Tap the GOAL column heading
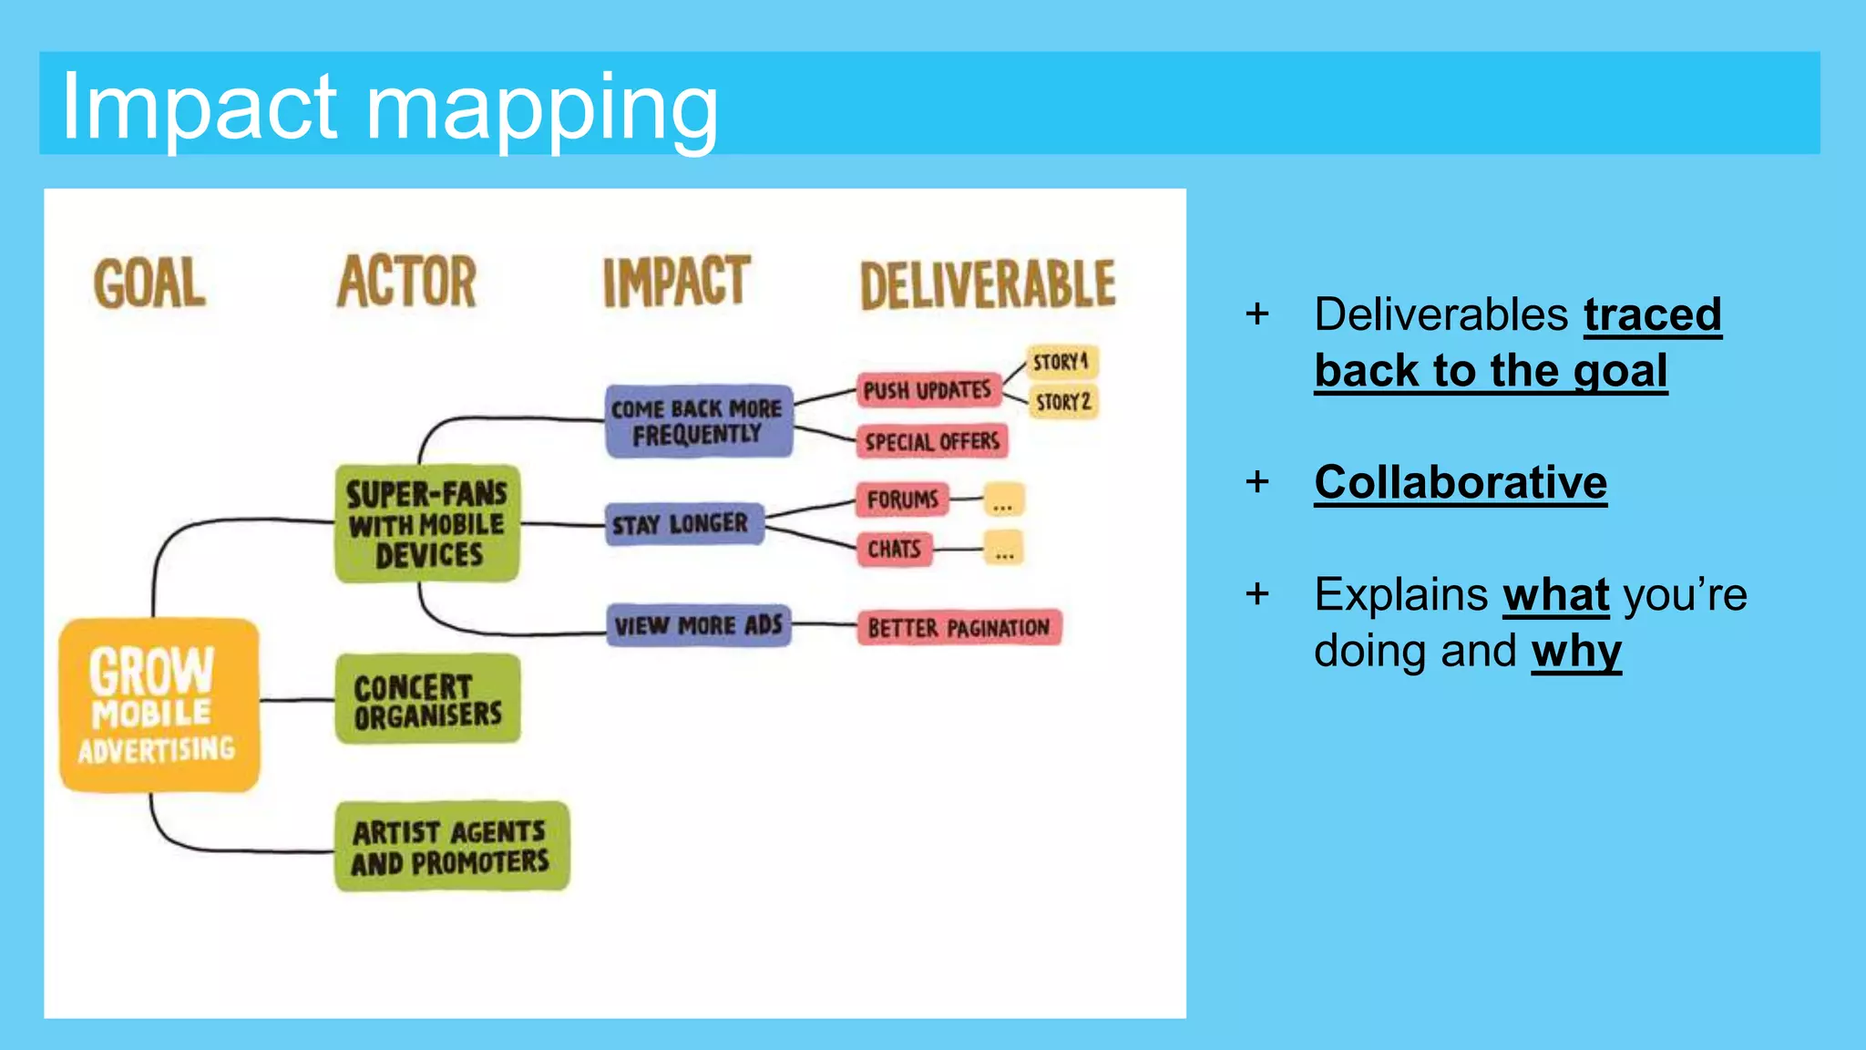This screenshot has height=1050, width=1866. click(150, 283)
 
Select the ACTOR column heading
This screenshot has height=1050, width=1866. click(407, 282)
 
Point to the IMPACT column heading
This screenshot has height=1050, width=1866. click(676, 282)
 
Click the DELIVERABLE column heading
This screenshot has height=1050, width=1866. click(988, 285)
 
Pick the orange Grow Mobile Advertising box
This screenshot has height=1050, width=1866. click(159, 705)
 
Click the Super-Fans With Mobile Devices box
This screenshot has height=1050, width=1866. click(427, 524)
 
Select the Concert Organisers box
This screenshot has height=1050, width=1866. click(428, 699)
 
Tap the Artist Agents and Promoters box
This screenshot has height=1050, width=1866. click(452, 846)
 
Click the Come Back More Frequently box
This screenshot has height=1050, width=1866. click(698, 421)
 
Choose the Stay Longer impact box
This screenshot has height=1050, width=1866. click(683, 524)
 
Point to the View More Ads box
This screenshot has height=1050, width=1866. click(699, 625)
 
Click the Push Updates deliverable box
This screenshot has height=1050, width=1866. click(928, 390)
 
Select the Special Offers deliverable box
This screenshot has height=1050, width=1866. click(932, 442)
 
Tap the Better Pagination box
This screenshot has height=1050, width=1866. click(959, 628)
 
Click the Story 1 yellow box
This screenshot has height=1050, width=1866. click(1061, 362)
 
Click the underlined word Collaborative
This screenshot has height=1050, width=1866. click(1461, 482)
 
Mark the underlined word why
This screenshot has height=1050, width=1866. click(1576, 651)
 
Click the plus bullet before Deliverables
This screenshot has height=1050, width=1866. click(1257, 314)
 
